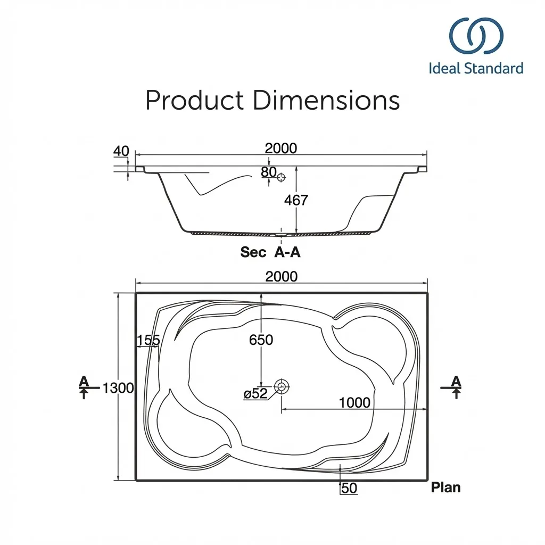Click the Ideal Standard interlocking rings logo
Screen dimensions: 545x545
(x=476, y=37)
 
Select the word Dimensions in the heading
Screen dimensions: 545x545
(x=326, y=100)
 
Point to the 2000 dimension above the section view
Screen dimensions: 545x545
(x=280, y=148)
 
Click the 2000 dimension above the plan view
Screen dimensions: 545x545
(x=281, y=276)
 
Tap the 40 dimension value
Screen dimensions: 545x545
(x=121, y=151)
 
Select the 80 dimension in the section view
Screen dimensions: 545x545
(x=269, y=172)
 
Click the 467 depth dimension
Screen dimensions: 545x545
(x=296, y=200)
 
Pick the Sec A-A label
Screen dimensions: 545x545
(x=270, y=252)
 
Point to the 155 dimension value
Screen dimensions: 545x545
(x=148, y=341)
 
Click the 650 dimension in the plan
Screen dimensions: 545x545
(x=261, y=340)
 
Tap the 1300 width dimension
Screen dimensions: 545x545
(x=118, y=388)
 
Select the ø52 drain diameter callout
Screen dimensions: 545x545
(x=255, y=394)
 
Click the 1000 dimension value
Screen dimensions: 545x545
(x=354, y=402)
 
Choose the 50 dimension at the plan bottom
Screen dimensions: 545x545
(x=349, y=488)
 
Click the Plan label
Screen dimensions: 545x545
(x=445, y=487)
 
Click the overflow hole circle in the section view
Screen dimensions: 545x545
(x=282, y=176)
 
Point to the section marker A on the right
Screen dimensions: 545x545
(x=456, y=381)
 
